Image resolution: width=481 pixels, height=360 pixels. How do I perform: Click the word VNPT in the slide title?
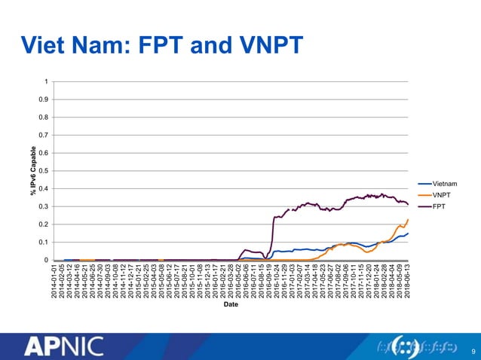(x=265, y=45)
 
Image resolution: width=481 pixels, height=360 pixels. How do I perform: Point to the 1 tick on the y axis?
(x=47, y=81)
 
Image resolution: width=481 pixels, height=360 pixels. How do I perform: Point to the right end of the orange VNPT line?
(x=408, y=220)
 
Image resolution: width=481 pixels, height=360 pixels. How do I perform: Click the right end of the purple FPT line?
(x=408, y=205)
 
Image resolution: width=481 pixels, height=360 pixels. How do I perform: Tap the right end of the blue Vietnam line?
(x=408, y=233)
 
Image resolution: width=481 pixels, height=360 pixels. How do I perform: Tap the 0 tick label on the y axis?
(x=47, y=261)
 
